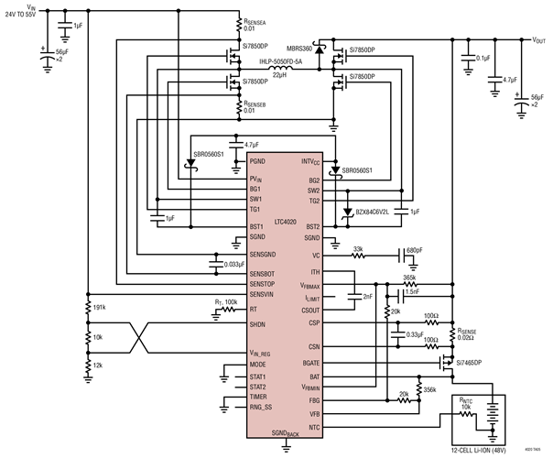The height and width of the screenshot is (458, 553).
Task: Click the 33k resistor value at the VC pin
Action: point(359,249)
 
